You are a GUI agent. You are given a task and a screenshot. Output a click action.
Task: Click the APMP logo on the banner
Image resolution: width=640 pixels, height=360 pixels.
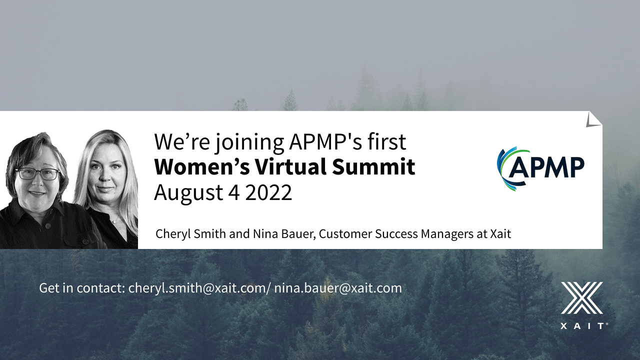point(540,168)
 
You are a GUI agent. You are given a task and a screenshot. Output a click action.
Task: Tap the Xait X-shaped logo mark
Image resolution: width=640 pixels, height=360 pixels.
point(581,297)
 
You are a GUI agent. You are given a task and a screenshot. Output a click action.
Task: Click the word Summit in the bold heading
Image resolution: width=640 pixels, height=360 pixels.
point(373,166)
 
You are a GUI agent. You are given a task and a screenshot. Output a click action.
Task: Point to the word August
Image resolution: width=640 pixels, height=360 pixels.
point(188,193)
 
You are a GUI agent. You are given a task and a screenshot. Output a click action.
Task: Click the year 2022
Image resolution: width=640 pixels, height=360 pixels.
point(268,192)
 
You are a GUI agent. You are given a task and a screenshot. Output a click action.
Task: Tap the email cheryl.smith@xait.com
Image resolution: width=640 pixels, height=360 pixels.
point(197,288)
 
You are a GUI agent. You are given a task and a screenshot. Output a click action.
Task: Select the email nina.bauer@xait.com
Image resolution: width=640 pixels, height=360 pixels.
point(338,288)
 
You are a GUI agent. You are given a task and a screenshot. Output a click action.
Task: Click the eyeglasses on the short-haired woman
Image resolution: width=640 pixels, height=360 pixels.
point(37,174)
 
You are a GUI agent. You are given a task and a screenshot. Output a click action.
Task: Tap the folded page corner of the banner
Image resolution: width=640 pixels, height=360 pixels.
point(593,119)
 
